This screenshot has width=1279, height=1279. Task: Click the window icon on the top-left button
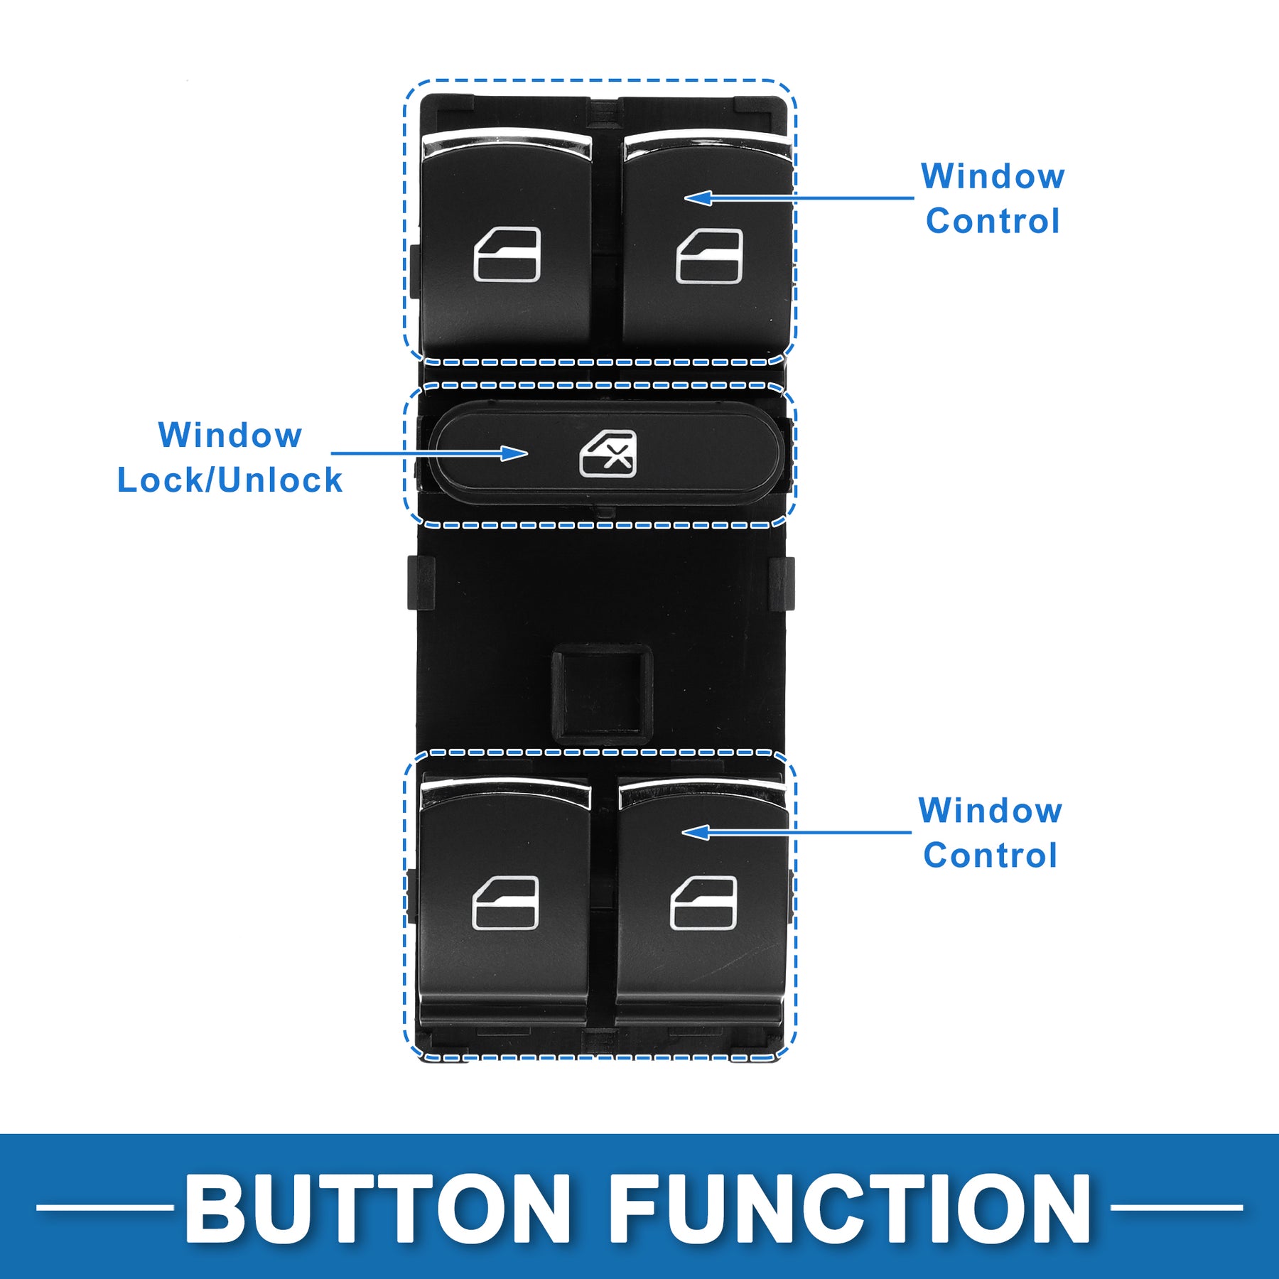507,254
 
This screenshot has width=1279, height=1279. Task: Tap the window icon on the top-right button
708,256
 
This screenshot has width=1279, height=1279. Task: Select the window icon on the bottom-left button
505,902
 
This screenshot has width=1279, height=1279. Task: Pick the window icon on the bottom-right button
703,902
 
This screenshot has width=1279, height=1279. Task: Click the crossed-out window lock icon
608,453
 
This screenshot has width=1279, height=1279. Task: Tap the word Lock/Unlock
230,480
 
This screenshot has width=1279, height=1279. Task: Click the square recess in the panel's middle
603,694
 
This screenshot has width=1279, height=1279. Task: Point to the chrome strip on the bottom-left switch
505,790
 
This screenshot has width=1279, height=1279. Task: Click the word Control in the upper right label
993,221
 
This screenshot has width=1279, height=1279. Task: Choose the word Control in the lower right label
990,855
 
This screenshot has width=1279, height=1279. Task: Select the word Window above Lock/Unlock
230,435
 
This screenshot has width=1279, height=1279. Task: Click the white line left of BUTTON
105,1207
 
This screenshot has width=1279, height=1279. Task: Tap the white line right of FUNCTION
1176,1207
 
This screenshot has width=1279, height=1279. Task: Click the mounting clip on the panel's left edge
421,583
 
